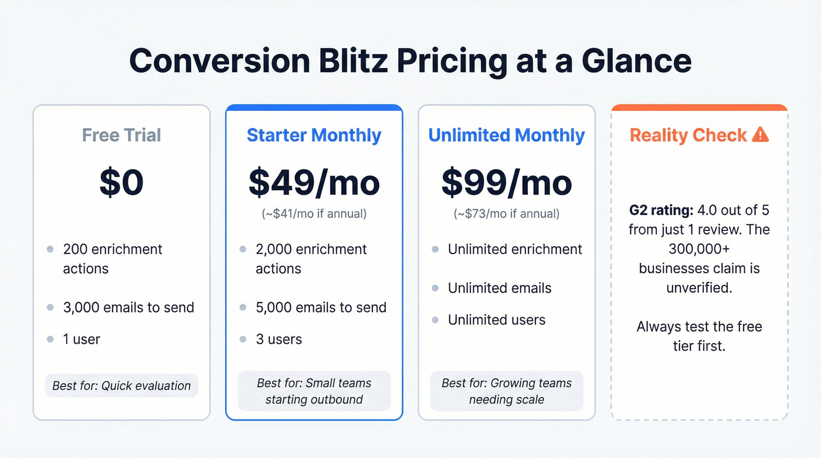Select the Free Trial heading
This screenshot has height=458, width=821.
(121, 135)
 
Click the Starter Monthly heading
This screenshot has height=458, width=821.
(314, 135)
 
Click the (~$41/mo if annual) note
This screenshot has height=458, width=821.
(314, 214)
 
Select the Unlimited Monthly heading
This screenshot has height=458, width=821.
(507, 135)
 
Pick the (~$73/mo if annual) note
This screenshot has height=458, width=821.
(507, 214)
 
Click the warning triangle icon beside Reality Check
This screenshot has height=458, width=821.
(760, 135)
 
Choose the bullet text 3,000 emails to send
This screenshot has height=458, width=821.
(128, 308)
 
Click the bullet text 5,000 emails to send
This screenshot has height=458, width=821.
(321, 308)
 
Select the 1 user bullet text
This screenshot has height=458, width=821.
(82, 340)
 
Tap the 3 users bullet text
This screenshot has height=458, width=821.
(279, 340)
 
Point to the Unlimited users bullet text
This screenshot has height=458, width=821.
(497, 320)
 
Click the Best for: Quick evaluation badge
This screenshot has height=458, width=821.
(121, 386)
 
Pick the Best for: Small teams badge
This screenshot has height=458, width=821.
(314, 391)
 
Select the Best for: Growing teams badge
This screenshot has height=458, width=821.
(507, 391)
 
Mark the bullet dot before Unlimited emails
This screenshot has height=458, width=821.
(435, 289)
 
